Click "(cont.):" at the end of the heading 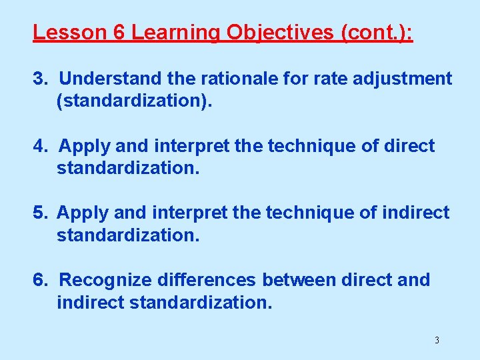377,33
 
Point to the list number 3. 41,79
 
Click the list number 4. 41,146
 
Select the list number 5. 41,213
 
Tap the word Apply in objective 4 83,146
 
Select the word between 299,280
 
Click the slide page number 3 437,341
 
